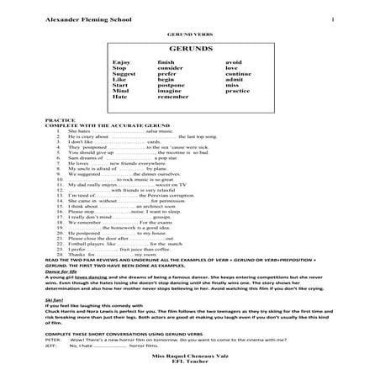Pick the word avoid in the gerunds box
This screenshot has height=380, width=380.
point(233,62)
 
